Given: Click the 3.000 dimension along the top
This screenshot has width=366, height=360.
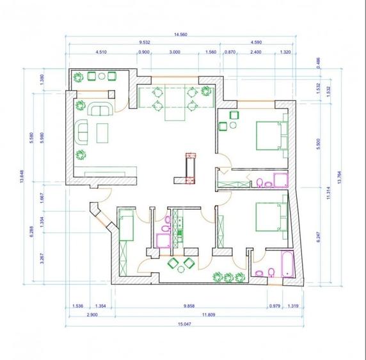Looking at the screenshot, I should pos(174,51).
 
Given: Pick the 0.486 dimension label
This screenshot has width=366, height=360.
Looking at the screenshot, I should pos(318,62).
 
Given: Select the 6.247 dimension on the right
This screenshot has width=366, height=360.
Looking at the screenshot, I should pos(318,238).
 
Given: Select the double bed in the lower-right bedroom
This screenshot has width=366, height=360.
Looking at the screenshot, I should pos(267,217).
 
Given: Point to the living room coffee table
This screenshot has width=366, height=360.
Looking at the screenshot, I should pos(102,133).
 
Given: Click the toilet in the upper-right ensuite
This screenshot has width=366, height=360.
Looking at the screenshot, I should pos(260,184).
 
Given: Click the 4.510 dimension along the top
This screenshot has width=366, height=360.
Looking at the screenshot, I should pos(100,51).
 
